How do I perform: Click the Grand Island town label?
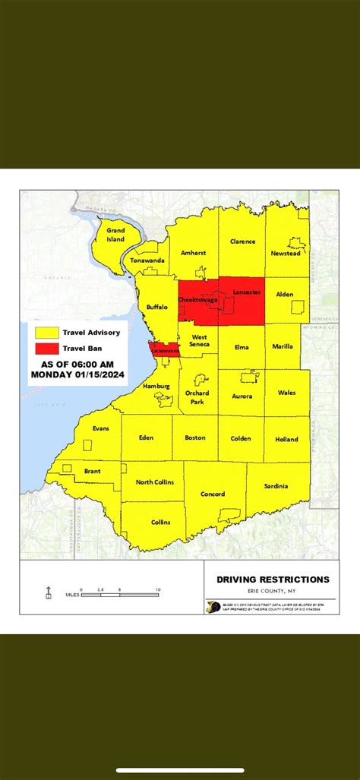click(x=115, y=234)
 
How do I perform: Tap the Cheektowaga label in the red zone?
click(x=197, y=300)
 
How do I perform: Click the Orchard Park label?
click(x=197, y=397)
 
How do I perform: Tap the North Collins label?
click(x=154, y=482)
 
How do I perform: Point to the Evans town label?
click(x=100, y=428)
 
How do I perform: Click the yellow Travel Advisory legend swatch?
click(x=46, y=333)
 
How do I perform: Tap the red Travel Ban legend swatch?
click(x=46, y=349)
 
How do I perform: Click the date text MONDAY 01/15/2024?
click(x=78, y=374)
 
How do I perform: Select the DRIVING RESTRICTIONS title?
click(x=273, y=579)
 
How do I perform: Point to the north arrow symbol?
click(x=49, y=592)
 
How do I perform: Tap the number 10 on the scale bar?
click(x=157, y=589)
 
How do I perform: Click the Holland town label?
click(x=286, y=438)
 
